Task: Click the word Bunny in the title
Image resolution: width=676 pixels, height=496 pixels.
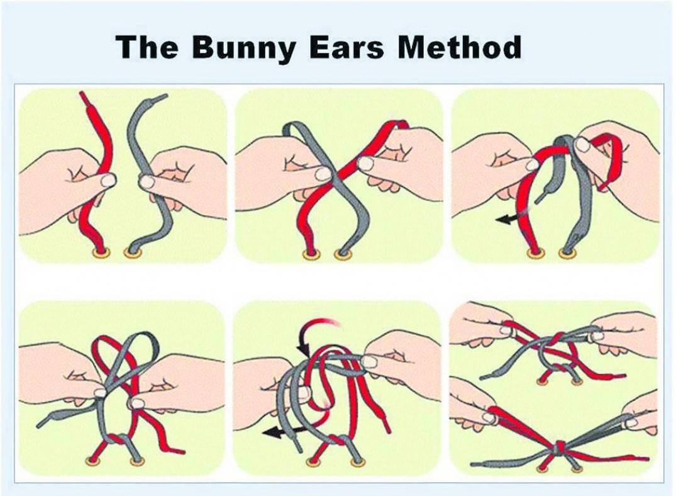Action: [x=242, y=47]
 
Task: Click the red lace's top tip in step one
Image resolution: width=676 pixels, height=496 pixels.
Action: [x=82, y=94]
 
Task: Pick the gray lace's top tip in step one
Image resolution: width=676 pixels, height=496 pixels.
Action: [x=164, y=96]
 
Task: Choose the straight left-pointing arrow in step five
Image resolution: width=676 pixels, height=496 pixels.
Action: [x=282, y=431]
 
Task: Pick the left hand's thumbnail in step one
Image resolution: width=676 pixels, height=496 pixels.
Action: [x=108, y=181]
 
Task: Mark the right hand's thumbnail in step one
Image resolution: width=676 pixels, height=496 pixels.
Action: [x=146, y=181]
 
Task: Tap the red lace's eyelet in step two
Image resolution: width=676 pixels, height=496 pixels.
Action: [x=311, y=255]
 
